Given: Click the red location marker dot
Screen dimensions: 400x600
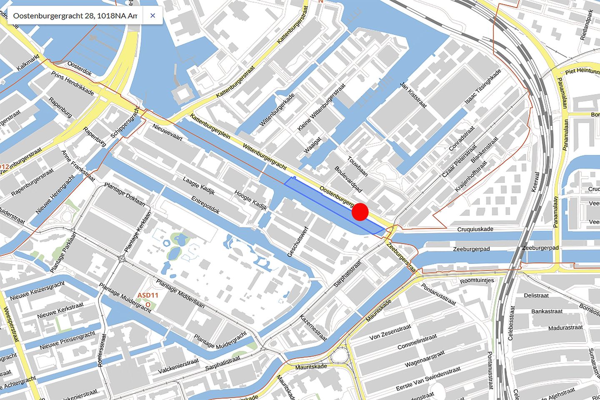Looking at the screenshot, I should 360,212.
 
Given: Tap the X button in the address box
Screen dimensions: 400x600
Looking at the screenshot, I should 152,16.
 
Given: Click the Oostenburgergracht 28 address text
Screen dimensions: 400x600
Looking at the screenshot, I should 75,16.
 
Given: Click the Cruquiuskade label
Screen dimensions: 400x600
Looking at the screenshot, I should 475,229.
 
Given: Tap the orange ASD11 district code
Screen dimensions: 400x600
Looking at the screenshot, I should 148,296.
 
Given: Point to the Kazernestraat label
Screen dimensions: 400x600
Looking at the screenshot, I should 313,328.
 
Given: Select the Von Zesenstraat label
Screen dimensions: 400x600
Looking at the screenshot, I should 390,331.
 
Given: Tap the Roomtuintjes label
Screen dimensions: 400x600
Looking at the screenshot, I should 477,281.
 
